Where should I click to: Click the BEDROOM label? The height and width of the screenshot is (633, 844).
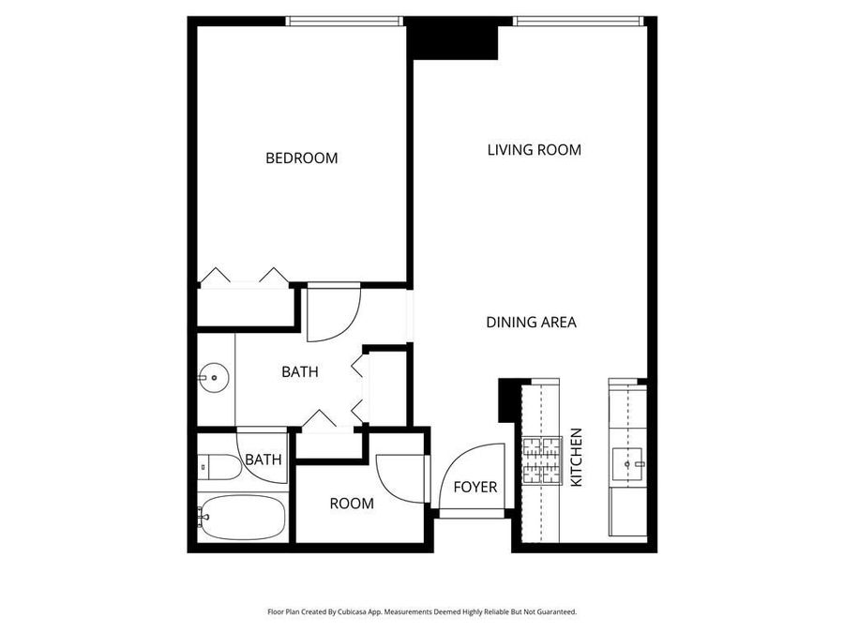(301, 158)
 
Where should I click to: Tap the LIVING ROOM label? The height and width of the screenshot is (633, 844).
(534, 150)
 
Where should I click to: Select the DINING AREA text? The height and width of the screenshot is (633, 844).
(531, 323)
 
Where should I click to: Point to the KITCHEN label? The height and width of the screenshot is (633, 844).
(577, 458)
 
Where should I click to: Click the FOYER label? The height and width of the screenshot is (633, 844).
(475, 488)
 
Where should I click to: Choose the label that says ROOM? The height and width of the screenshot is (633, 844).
(352, 504)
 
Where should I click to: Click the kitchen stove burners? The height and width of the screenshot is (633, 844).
(541, 460)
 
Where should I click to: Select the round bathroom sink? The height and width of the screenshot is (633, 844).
(215, 379)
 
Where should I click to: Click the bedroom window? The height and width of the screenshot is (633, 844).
(343, 20)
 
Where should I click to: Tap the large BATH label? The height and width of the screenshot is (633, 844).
(300, 372)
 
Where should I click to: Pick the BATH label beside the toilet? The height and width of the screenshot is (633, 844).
(264, 460)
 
